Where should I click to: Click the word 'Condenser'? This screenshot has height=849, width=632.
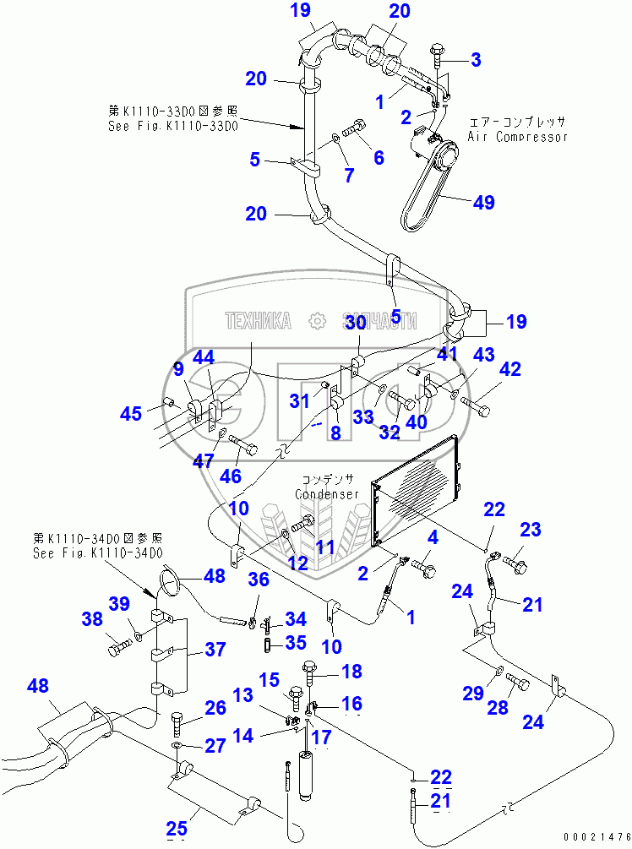(327, 494)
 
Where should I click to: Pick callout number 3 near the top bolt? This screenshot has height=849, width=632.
(476, 59)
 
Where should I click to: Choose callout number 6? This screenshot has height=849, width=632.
(379, 157)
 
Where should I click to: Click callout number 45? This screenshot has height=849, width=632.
(131, 414)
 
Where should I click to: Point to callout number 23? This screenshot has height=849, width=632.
(530, 531)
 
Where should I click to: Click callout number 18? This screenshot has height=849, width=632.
(351, 672)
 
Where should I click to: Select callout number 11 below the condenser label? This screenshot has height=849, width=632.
(326, 547)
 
